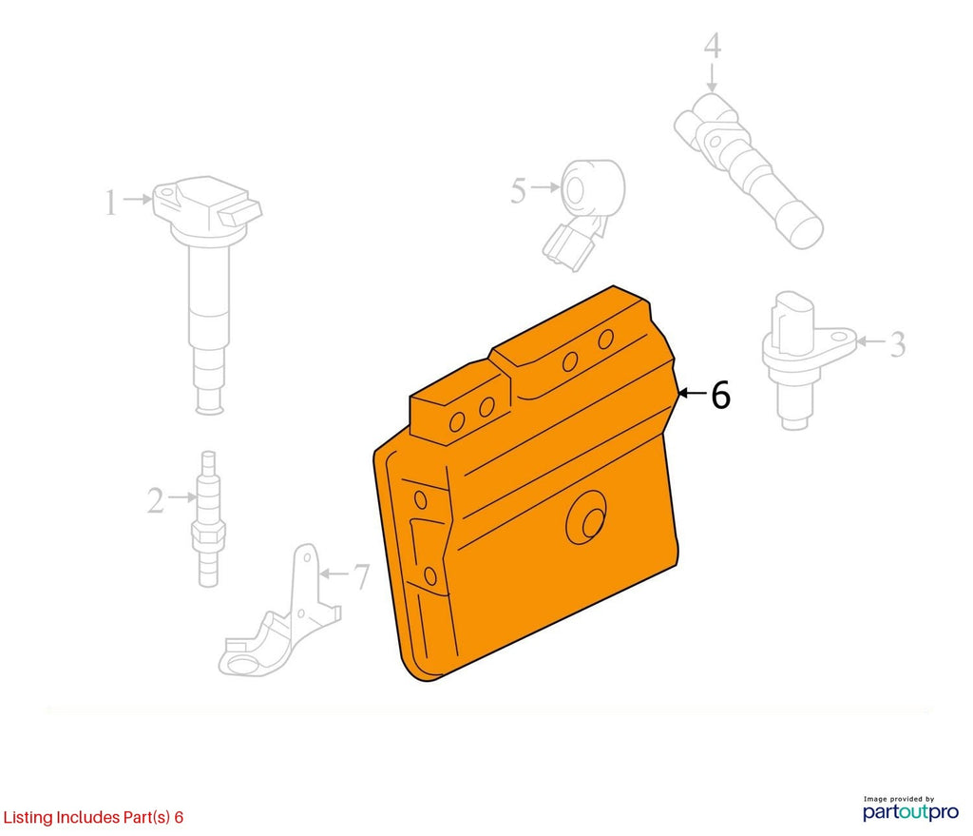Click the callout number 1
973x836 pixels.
coord(110,204)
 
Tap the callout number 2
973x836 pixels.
coord(155,500)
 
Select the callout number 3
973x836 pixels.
coord(897,344)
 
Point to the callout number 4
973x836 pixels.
coord(713,46)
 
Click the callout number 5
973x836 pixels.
coord(518,190)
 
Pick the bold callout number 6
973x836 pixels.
coord(720,395)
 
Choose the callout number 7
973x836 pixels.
coord(361,576)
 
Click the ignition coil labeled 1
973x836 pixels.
coord(208,293)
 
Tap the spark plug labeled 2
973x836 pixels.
coord(209,518)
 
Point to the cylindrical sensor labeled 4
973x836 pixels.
coord(748,170)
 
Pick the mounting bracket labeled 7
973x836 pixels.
coord(280,612)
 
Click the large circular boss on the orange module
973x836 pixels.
coord(586,517)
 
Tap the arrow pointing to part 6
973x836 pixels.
coord(692,393)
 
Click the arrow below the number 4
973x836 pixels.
coord(712,79)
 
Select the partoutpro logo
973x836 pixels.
coord(910,812)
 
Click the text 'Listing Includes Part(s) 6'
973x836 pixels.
coord(93,817)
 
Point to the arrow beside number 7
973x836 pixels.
coord(334,574)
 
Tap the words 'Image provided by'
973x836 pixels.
coord(899,799)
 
